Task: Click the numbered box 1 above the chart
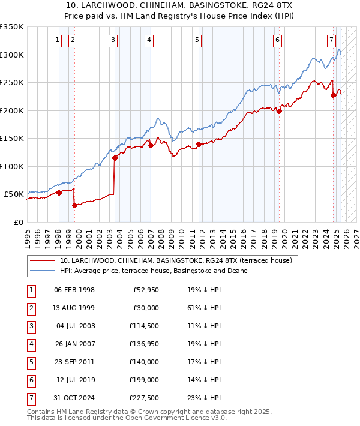pos(57,40)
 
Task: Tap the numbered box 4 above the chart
pos(148,40)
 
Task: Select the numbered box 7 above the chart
pos(331,40)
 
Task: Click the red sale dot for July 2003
pos(114,158)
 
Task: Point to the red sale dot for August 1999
pos(74,205)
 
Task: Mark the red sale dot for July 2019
pos(279,111)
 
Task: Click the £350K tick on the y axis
pos(12,27)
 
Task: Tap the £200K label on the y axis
pos(12,110)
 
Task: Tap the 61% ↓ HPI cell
pos(204,308)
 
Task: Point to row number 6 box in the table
pos(31,380)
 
